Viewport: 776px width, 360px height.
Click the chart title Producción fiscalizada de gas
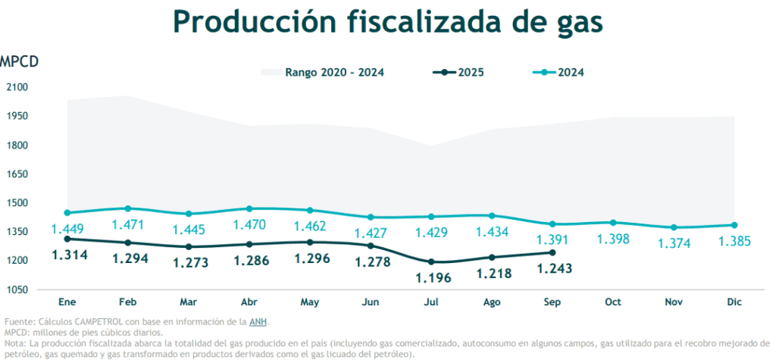(x=387, y=22)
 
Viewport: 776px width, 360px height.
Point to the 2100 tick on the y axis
(x=17, y=87)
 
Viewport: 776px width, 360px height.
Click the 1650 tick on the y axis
(x=17, y=174)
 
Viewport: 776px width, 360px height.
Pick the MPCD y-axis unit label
(x=19, y=61)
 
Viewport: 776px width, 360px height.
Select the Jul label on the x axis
(x=430, y=302)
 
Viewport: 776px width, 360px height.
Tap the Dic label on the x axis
(x=734, y=302)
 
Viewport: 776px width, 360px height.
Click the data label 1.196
(x=433, y=278)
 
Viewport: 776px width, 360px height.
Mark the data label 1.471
(x=127, y=225)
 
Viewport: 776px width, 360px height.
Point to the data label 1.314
(x=70, y=255)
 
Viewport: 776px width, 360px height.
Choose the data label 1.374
(x=674, y=243)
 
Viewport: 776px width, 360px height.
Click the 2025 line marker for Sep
(x=552, y=253)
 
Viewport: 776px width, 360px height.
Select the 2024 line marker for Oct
(x=613, y=223)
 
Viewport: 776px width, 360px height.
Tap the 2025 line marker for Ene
(x=67, y=239)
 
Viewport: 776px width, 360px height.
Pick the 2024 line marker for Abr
(x=249, y=208)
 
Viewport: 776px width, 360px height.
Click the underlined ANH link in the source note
(x=258, y=322)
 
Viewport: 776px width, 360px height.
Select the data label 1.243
(x=554, y=269)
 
